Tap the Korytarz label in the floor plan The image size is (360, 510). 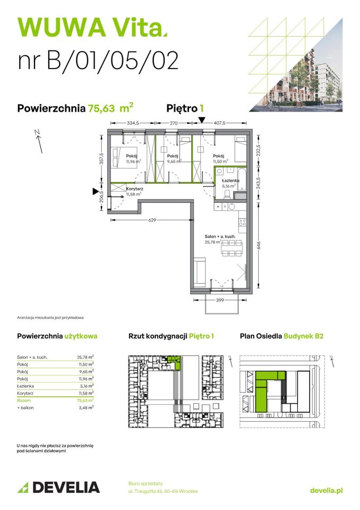pyautogui.click(x=134, y=189)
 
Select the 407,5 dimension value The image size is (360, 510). pyautogui.click(x=219, y=123)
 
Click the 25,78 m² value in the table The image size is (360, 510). pyautogui.click(x=85, y=358)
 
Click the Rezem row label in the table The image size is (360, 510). pyautogui.click(x=24, y=399)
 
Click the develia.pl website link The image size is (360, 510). pyautogui.click(x=326, y=490)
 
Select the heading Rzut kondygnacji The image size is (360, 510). pyautogui.click(x=158, y=336)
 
